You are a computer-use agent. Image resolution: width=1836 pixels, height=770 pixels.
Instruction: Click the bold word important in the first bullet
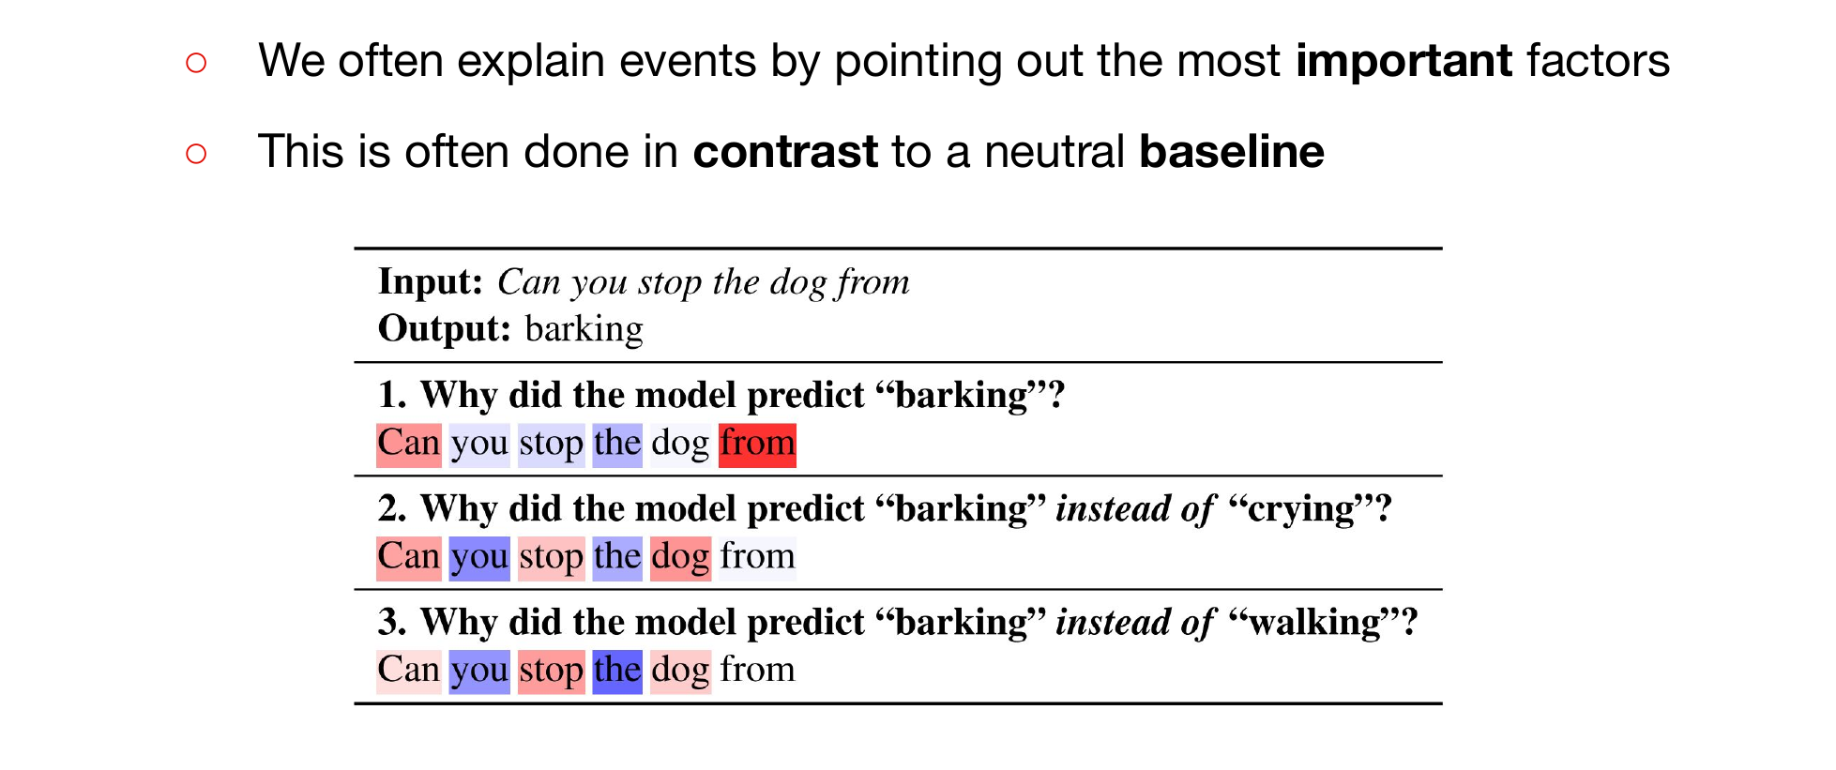click(x=1404, y=62)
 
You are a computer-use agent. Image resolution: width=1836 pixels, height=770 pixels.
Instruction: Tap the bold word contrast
click(x=785, y=152)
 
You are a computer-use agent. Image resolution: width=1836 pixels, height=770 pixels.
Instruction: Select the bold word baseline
click(x=1232, y=152)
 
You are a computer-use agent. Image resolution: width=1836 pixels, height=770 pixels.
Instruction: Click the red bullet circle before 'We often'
click(x=196, y=63)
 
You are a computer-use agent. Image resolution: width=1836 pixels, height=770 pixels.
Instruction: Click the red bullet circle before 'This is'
click(x=196, y=153)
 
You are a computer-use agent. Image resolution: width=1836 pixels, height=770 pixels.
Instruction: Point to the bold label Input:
click(x=431, y=281)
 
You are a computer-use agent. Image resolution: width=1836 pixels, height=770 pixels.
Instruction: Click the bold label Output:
click(x=445, y=328)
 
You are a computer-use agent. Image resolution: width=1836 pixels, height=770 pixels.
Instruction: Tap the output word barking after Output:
click(x=584, y=329)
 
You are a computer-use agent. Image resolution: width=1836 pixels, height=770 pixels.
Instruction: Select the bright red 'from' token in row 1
click(x=757, y=444)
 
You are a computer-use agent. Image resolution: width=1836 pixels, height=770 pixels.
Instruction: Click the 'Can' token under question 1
click(x=409, y=444)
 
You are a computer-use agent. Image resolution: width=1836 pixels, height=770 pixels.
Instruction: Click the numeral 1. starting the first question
click(x=393, y=395)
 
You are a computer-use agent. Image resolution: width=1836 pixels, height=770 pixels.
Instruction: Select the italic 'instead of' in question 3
click(x=1135, y=622)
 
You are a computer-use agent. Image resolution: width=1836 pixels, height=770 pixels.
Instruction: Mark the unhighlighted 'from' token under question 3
click(x=757, y=670)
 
